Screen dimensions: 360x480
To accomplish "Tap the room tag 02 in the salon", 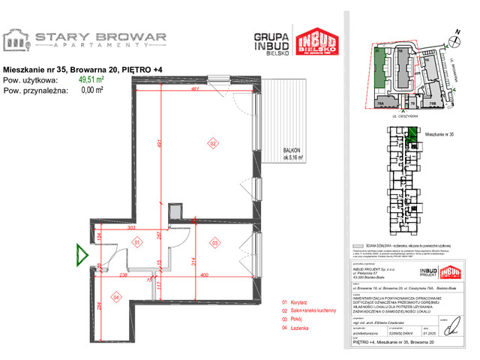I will tap(212, 143).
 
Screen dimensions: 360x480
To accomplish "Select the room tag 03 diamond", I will tap(214, 242).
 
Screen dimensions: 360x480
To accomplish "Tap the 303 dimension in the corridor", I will tap(130, 226).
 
